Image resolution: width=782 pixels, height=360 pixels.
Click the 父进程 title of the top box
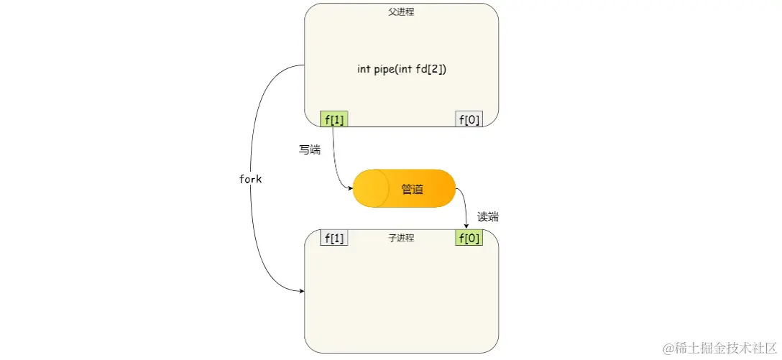(401, 11)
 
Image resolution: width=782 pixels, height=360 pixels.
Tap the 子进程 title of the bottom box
(401, 238)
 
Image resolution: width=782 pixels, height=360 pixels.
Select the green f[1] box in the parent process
(333, 119)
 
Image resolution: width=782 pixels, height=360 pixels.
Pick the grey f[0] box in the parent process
(469, 119)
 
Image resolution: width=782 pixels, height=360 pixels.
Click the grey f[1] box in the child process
(333, 238)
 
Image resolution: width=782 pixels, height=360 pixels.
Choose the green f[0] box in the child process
(469, 238)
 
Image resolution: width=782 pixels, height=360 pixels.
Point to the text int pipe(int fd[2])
(401, 70)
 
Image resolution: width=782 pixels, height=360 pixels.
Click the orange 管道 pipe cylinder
(405, 189)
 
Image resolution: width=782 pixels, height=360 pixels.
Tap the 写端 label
(310, 150)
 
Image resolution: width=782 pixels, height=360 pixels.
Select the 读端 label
(488, 217)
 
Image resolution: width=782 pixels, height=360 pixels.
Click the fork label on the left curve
(250, 180)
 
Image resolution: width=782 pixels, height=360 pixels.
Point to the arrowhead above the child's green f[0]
(467, 226)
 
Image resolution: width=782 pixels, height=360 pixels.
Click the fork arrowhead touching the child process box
(301, 291)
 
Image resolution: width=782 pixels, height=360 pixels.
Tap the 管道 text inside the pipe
(413, 190)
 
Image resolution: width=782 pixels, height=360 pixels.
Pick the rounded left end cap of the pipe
(365, 189)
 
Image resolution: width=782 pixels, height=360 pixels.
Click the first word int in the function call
(364, 70)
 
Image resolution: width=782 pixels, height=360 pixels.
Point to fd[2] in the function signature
(431, 70)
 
